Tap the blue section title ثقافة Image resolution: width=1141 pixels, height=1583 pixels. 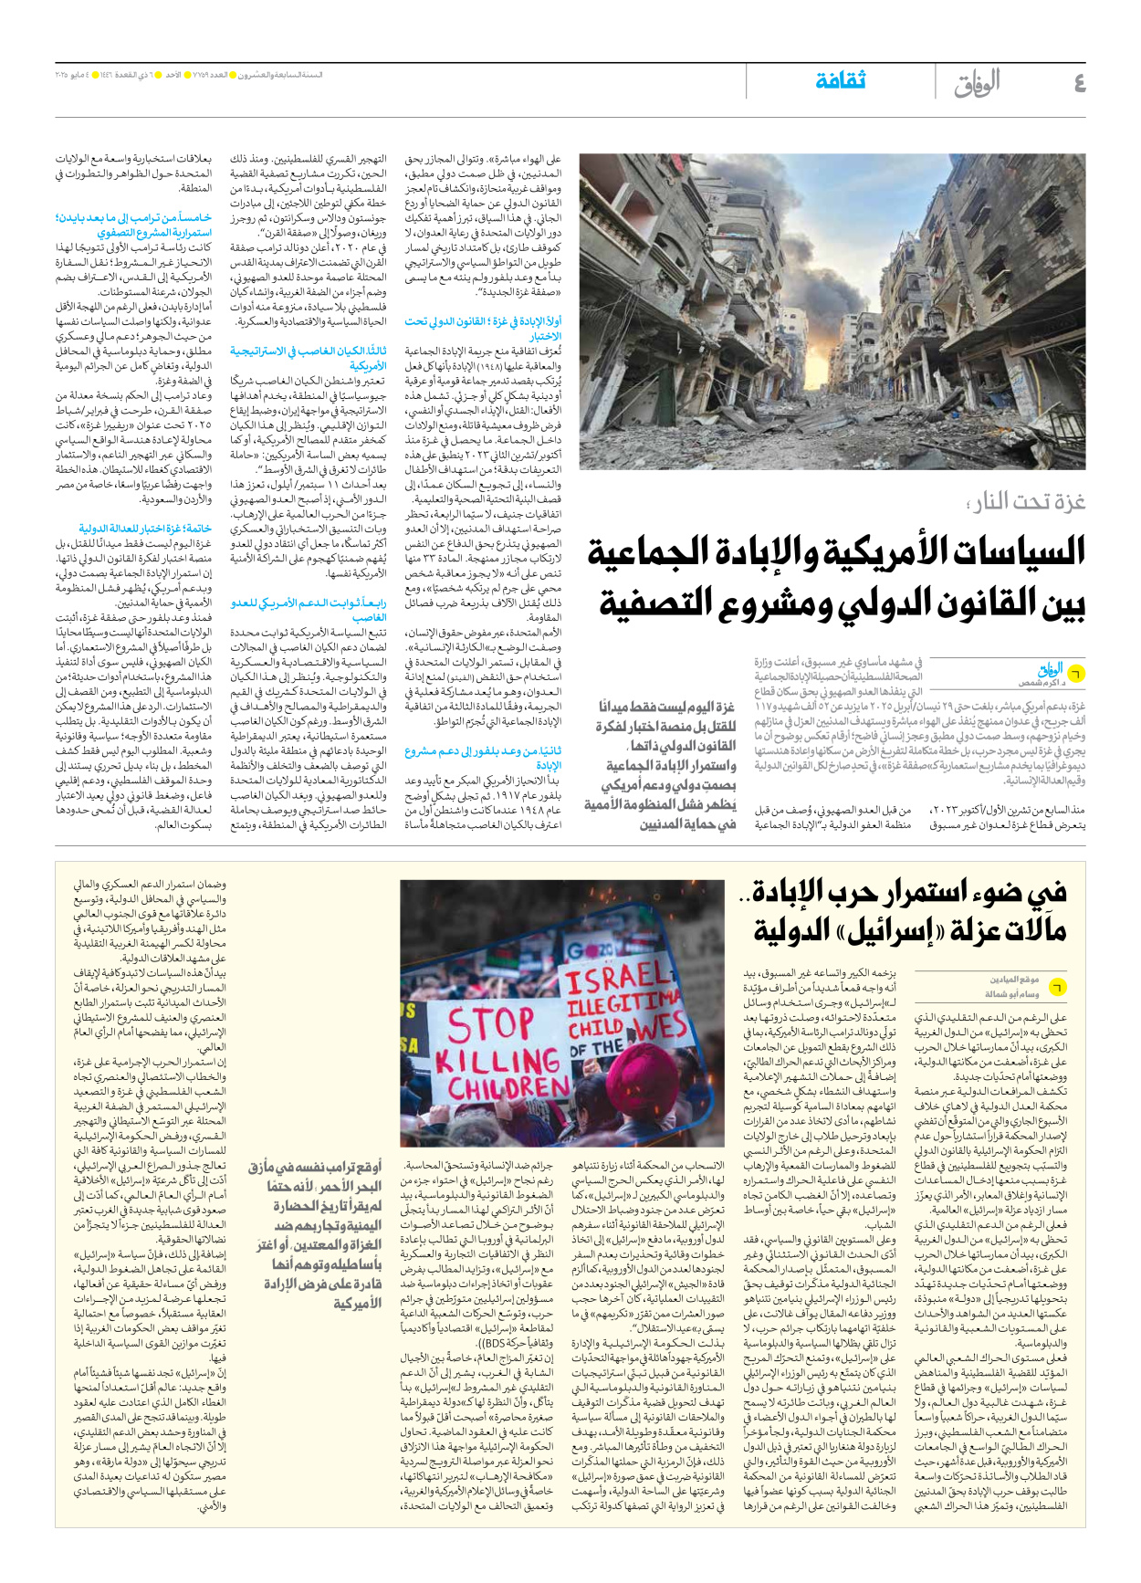coord(840,80)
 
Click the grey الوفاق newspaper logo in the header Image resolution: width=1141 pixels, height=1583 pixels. coord(977,83)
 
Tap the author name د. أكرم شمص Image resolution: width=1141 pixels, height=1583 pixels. coord(1038,683)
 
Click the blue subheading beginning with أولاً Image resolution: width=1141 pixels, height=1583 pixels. coord(484,329)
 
